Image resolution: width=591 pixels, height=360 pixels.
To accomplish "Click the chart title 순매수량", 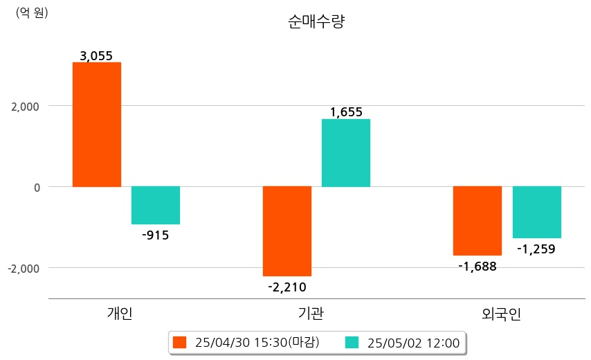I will [x=316, y=21].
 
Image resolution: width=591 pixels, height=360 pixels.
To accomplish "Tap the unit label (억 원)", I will [x=32, y=12].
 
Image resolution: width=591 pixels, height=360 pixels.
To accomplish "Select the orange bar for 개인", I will [x=97, y=125].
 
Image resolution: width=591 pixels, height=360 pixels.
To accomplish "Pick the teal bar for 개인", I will [x=156, y=205].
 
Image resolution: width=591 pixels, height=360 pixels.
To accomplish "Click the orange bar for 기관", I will [x=287, y=231].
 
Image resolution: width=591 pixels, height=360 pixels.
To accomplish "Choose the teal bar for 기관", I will [x=346, y=153].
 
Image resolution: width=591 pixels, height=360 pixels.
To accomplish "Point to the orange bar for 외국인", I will [x=478, y=221].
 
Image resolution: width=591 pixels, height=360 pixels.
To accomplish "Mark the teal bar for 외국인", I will [x=537, y=212].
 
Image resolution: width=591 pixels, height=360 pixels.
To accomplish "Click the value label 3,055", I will [x=96, y=56].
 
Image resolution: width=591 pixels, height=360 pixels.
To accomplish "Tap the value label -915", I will [x=155, y=235].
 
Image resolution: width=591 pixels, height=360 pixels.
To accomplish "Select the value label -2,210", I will [x=287, y=287].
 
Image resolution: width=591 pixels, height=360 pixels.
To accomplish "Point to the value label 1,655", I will [x=346, y=112].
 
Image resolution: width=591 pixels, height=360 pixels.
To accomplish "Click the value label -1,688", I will [x=478, y=266].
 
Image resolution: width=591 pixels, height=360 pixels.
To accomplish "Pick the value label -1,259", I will [x=536, y=249].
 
